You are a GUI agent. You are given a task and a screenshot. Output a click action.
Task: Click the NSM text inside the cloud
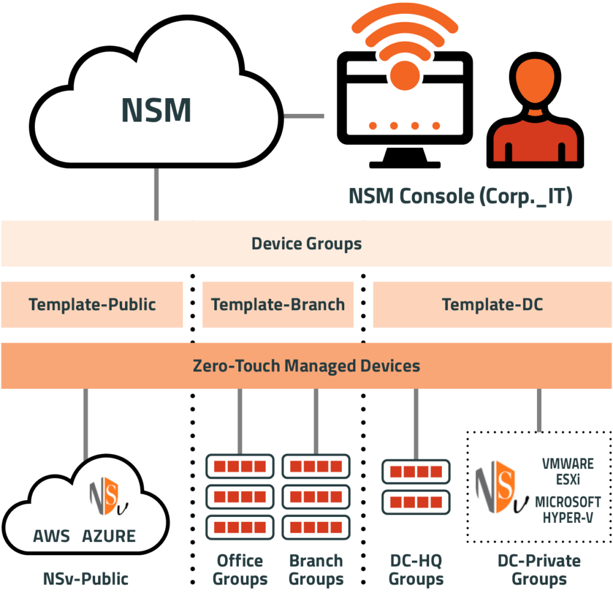coord(156,109)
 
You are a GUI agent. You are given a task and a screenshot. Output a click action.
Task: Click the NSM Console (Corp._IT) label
coord(460,196)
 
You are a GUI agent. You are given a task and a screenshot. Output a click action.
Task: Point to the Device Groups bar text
coord(306,244)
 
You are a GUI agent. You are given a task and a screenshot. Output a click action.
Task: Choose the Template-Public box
coord(92,304)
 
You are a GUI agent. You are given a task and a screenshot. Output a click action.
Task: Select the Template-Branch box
coord(278,304)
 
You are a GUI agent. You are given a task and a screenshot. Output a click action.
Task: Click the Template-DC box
coord(492,304)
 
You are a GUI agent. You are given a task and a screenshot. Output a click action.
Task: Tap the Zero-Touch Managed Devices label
coord(306,365)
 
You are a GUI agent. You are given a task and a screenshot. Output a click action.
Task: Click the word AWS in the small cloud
coord(51,535)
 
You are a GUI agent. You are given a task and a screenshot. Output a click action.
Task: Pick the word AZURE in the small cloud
coord(109,535)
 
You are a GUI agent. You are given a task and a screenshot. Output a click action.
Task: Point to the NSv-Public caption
coord(85,579)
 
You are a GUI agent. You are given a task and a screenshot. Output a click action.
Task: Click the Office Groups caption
coord(239,570)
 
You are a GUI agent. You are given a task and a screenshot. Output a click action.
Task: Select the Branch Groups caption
coord(315,570)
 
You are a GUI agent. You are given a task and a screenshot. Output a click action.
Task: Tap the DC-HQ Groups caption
coord(415,570)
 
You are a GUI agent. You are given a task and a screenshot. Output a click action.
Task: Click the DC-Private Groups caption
coord(539,570)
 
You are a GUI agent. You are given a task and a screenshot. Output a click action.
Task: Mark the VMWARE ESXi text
coord(568,471)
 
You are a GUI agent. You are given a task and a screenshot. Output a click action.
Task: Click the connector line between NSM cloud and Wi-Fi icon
coord(304,116)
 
